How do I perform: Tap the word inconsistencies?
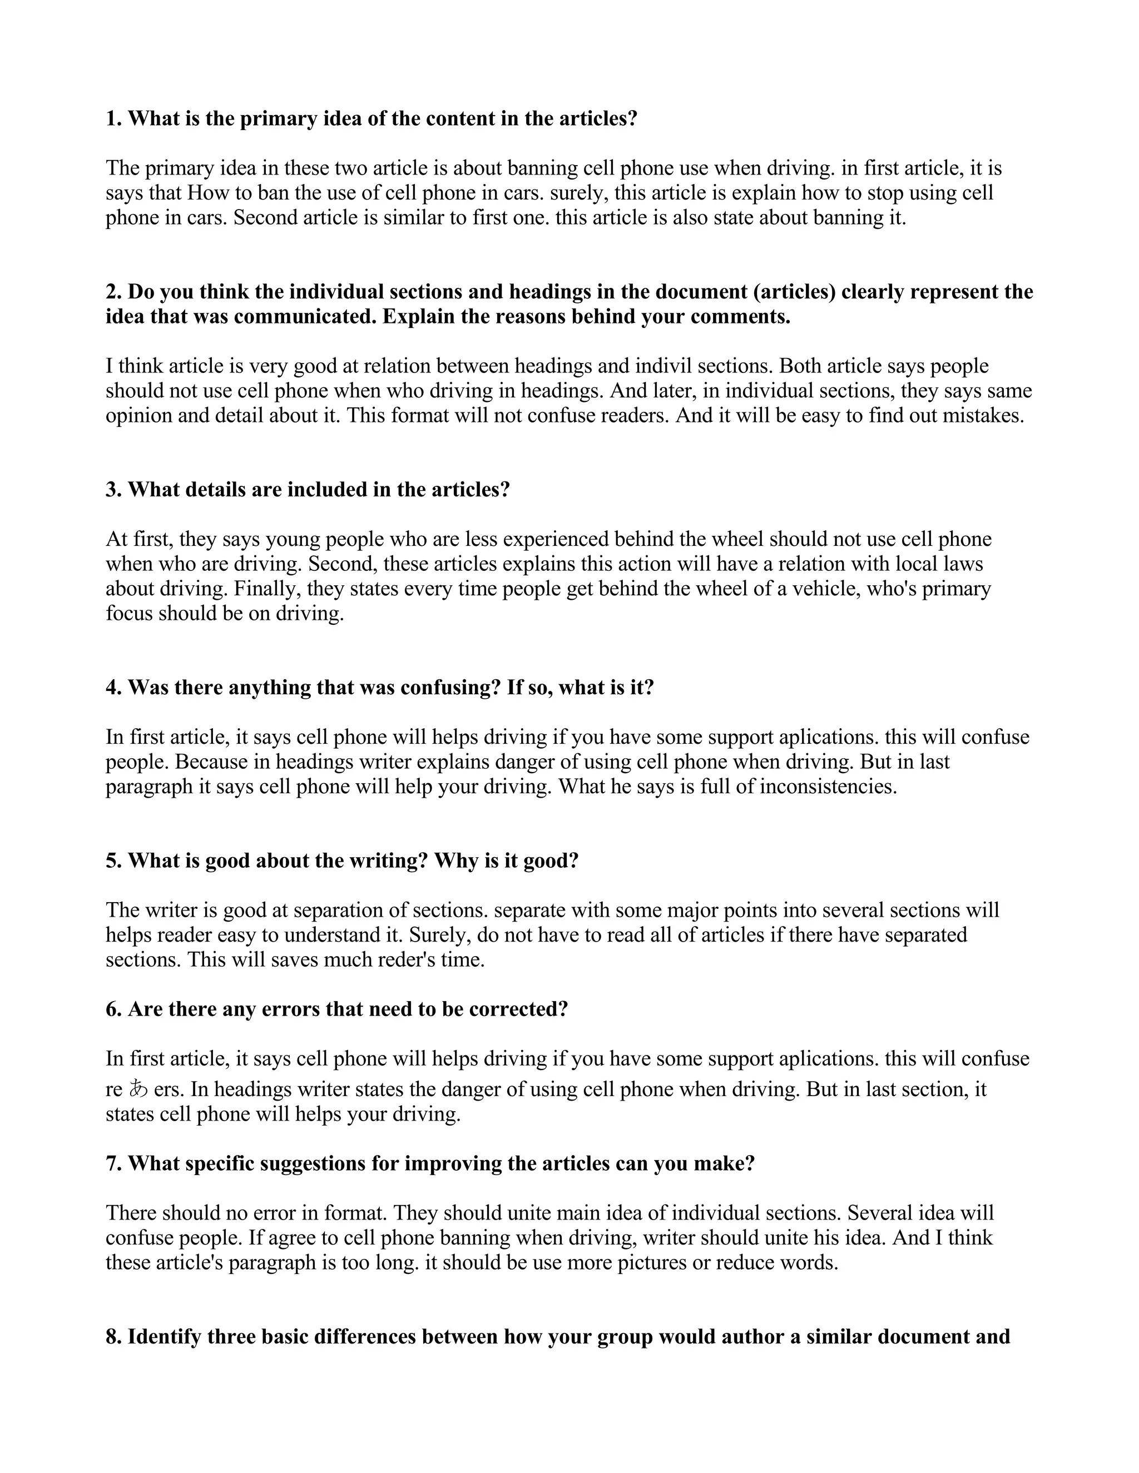click(x=828, y=787)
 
